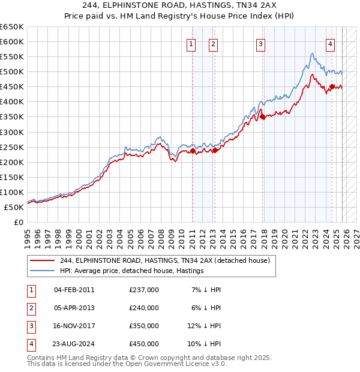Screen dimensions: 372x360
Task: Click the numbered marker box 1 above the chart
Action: [191, 43]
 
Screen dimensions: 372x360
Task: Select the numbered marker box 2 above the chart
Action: [213, 43]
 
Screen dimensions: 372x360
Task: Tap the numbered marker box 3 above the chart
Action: [261, 43]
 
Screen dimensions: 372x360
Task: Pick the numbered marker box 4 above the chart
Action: [331, 43]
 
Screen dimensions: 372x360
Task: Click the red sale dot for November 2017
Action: [263, 117]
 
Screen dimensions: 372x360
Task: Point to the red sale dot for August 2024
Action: [332, 87]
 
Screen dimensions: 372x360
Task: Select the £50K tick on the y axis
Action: [14, 207]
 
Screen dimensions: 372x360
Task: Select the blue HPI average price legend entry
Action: [132, 271]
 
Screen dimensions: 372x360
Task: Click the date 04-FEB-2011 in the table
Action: [74, 290]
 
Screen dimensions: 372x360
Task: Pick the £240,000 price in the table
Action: [144, 308]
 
